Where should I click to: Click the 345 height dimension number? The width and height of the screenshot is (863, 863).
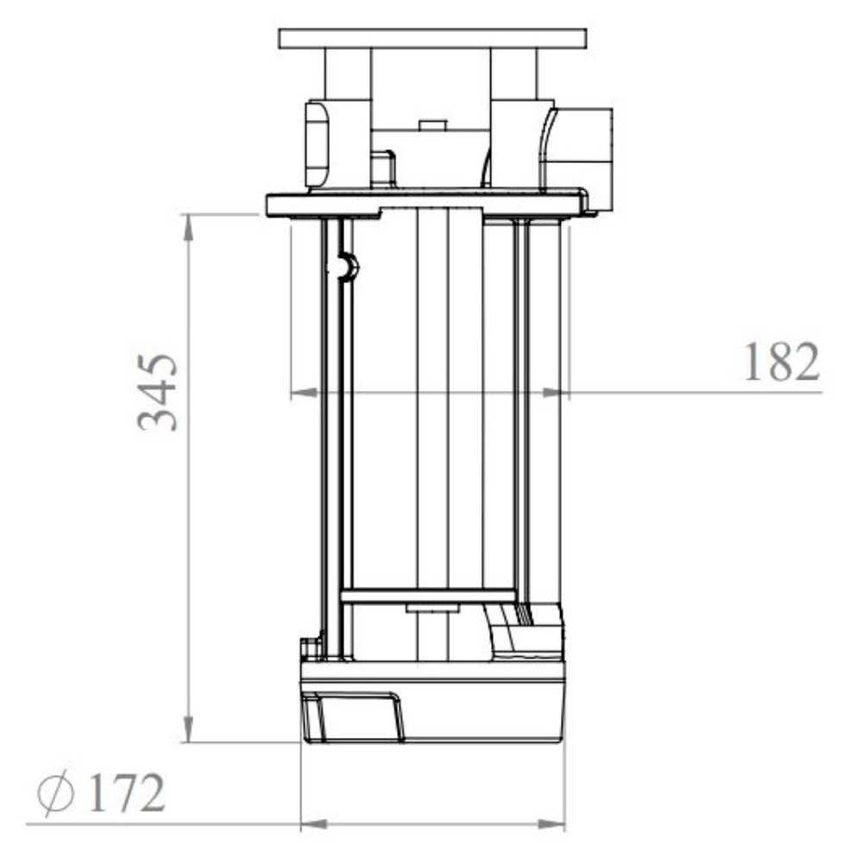click(158, 393)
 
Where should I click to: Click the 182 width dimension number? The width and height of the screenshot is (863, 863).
click(782, 362)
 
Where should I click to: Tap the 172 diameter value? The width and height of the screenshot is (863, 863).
click(126, 792)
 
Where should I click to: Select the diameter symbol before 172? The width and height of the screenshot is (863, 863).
click(55, 792)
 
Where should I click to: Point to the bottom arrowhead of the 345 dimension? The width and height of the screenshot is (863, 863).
click(188, 728)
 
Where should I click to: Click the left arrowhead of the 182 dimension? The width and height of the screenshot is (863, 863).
click(304, 393)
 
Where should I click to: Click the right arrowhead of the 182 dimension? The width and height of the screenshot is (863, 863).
click(555, 393)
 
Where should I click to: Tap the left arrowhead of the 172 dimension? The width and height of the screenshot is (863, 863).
click(314, 824)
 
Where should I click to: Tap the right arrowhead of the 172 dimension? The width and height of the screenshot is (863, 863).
click(551, 824)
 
